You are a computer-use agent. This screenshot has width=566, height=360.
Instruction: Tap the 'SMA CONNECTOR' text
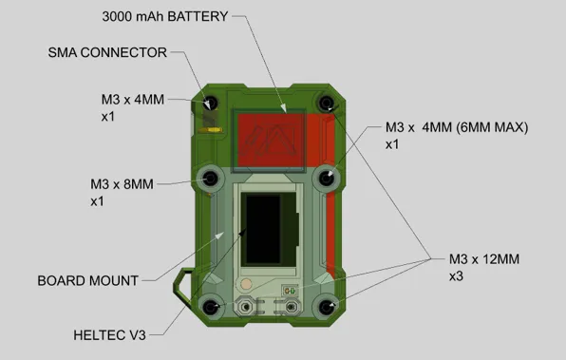[x=107, y=52]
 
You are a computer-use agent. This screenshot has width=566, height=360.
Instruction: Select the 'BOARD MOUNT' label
[x=87, y=280]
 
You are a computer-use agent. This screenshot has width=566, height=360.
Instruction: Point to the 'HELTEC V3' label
[x=110, y=334]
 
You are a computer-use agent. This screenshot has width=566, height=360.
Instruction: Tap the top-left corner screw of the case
[x=211, y=103]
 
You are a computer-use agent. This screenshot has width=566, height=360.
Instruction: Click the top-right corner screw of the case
[x=327, y=103]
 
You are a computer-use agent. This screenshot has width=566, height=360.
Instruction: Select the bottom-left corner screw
[x=210, y=306]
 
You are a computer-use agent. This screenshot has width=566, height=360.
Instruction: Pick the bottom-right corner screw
[x=328, y=306]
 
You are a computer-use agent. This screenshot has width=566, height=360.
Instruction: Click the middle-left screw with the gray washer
[x=210, y=178]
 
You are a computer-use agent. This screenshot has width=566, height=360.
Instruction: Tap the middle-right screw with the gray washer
[x=328, y=178]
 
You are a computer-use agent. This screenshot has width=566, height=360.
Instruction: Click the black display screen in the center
[x=267, y=230]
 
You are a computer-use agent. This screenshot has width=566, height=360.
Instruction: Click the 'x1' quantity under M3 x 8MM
[x=96, y=201]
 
